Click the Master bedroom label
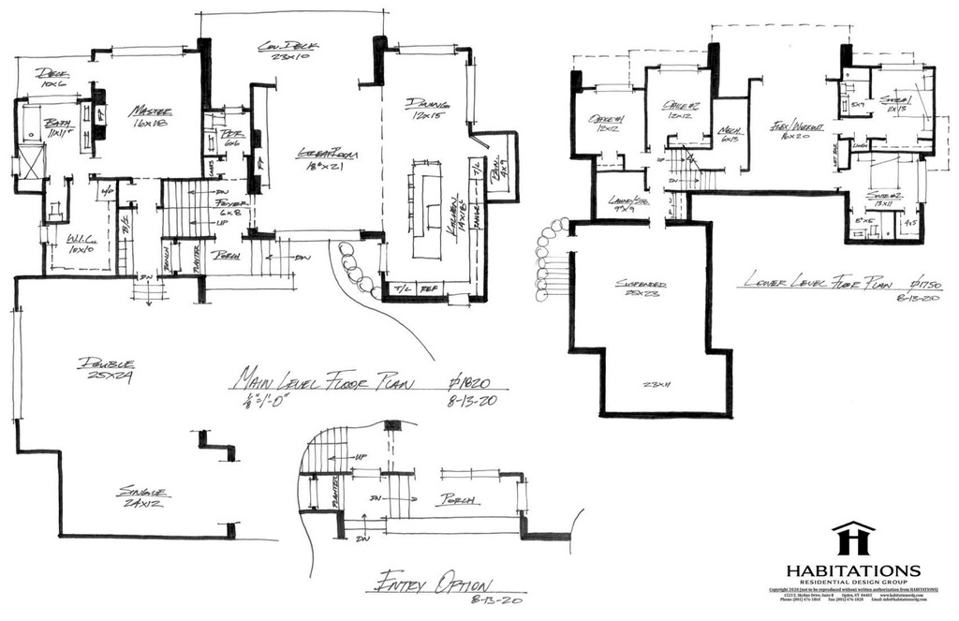(147, 111)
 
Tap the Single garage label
(143, 491)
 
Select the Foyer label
(229, 202)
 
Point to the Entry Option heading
(431, 583)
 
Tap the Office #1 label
(607, 120)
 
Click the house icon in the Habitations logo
(852, 540)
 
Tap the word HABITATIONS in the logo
(852, 570)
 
